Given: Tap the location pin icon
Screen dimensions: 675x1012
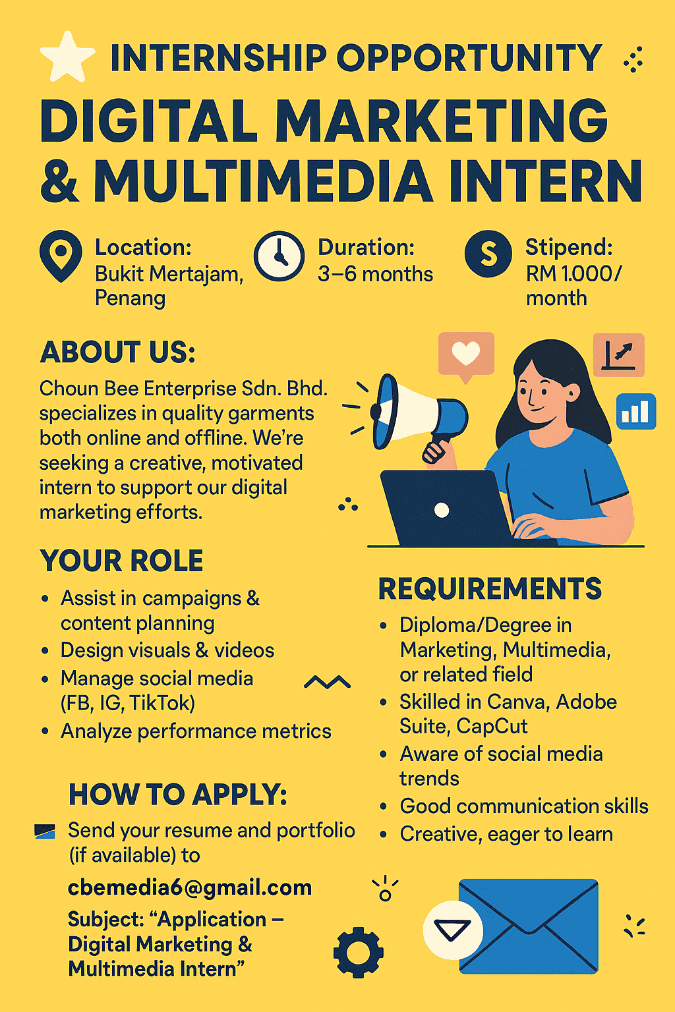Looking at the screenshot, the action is (x=61, y=255).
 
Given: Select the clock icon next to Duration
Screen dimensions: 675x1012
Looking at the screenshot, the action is (x=279, y=256).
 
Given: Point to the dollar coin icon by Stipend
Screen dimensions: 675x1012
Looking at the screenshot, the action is (x=488, y=254).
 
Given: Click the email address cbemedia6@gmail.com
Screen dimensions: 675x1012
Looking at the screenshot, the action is (x=190, y=887).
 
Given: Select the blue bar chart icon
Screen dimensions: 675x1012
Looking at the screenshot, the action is (x=635, y=411).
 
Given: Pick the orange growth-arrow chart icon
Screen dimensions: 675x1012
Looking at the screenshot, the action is (x=618, y=354).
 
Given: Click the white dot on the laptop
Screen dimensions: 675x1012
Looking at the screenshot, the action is (x=442, y=510).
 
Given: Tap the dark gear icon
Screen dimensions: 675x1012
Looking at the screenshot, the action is (x=359, y=952).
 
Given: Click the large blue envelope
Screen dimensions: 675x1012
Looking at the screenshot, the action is (x=529, y=926).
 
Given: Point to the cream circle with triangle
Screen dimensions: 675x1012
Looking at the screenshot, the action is (x=453, y=930).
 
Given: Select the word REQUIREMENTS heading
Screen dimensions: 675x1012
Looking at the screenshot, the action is (x=490, y=588).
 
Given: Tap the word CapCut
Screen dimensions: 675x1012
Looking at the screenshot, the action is (x=492, y=727).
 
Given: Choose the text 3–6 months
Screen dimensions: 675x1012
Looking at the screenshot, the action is (x=375, y=274).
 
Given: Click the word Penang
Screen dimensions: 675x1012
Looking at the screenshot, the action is (x=131, y=298).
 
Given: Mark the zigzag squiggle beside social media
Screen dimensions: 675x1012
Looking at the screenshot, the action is (x=328, y=682).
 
